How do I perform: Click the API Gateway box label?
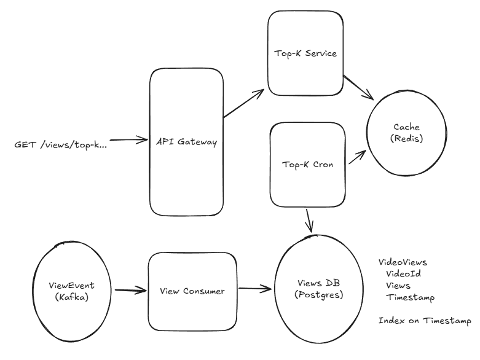[186, 142]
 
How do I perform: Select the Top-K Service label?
[305, 53]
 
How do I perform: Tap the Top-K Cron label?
[307, 165]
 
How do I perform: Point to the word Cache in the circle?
[406, 127]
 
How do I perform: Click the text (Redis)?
[406, 139]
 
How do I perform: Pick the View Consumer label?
[192, 291]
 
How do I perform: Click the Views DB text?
[318, 283]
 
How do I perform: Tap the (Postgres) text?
[318, 295]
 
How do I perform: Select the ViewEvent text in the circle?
[71, 286]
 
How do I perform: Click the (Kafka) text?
[72, 297]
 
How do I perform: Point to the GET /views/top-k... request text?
[61, 144]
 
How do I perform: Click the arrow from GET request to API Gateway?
[128, 140]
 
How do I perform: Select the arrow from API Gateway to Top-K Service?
[243, 103]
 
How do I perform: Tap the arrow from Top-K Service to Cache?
[358, 87]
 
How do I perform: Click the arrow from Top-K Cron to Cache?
[357, 157]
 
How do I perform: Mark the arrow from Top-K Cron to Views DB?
[309, 221]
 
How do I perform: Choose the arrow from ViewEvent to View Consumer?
[131, 290]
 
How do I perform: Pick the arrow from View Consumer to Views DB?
[255, 288]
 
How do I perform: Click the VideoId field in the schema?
[403, 273]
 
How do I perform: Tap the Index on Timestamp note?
[425, 321]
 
